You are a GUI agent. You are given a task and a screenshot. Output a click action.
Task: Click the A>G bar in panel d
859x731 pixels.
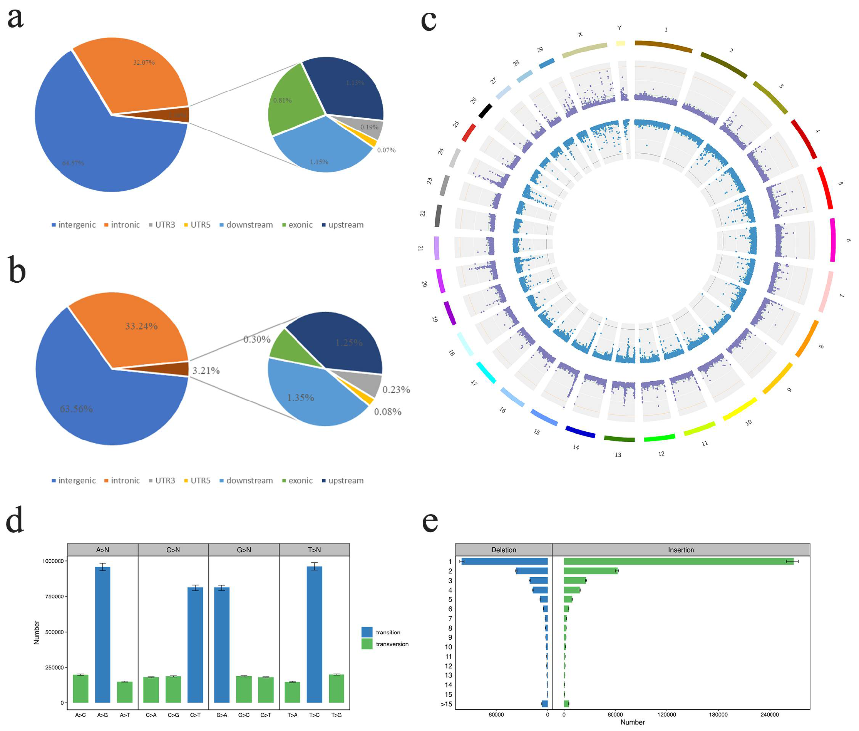[102, 634]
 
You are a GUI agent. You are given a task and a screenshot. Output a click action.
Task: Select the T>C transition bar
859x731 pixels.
[314, 634]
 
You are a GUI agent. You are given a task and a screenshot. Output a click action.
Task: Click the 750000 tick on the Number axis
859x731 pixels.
[53, 596]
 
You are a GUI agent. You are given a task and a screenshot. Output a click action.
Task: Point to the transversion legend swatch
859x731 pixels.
[367, 644]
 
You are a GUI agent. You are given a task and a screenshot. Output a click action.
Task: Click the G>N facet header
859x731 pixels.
[244, 550]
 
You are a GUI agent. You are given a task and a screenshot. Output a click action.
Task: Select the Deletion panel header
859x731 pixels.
[503, 550]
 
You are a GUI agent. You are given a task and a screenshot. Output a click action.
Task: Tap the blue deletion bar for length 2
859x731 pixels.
[532, 571]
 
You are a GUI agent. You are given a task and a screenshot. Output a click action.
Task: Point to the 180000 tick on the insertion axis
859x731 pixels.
[718, 715]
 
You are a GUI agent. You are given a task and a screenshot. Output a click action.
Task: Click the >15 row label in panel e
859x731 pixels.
[446, 704]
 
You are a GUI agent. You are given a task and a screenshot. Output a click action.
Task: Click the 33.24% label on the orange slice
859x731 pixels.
[141, 326]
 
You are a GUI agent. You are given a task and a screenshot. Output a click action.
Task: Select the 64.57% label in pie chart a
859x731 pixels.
[73, 163]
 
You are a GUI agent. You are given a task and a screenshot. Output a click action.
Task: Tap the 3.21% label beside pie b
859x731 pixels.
[206, 371]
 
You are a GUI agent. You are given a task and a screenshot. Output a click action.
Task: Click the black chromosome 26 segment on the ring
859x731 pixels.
[485, 111]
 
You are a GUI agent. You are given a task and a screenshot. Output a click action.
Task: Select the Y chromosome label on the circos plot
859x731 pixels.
[619, 28]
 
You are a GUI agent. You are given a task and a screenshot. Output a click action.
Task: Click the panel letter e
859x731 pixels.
[430, 521]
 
